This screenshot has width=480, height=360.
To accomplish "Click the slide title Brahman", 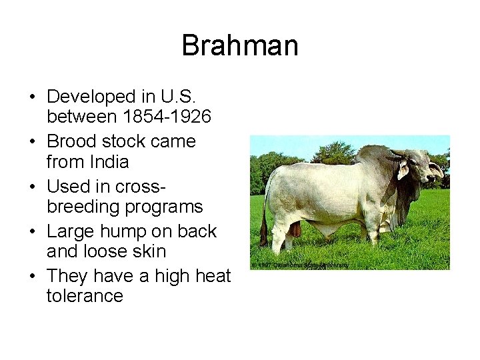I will (240, 46).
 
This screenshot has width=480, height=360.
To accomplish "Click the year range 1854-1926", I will (167, 117).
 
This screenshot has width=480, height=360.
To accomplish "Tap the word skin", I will (149, 251).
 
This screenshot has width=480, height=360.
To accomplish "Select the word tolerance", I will (85, 296).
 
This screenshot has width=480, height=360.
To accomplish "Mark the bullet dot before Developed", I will (32, 97).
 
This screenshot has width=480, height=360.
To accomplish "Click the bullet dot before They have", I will (32, 277).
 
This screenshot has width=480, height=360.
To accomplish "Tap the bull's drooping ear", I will (403, 170).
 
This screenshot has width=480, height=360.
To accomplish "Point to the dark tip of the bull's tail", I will (263, 237).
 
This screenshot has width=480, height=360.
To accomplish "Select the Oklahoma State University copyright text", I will (300, 265).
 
